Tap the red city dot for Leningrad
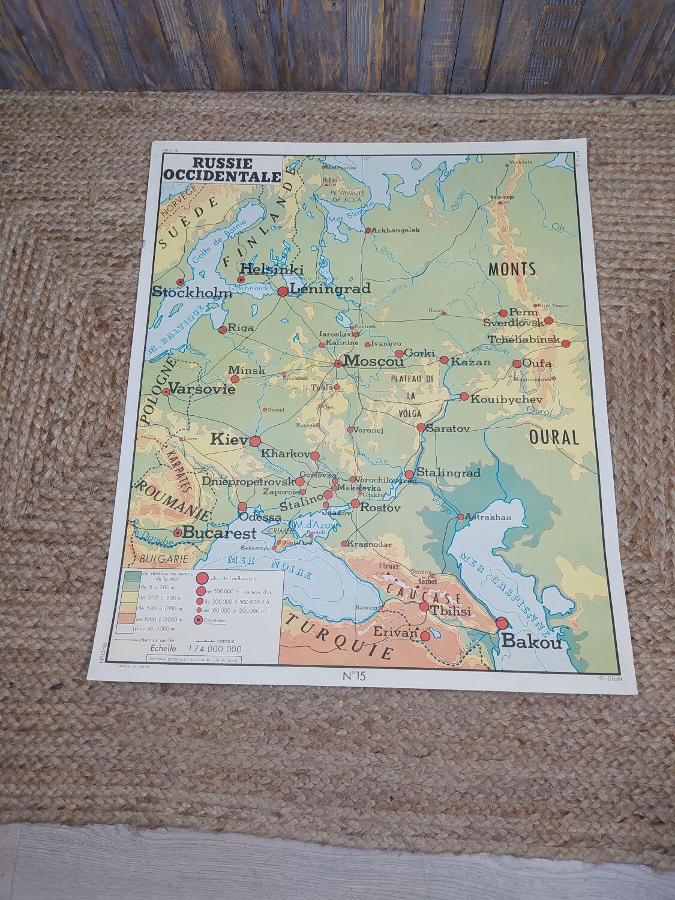[283, 291]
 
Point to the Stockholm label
[192, 293]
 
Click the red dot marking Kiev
[254, 441]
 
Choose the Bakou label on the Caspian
[532, 643]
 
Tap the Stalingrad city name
[448, 473]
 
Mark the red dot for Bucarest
[178, 532]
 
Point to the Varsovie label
[202, 388]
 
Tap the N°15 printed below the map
[353, 677]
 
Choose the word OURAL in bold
[554, 437]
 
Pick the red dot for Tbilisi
[424, 607]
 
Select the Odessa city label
[259, 517]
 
